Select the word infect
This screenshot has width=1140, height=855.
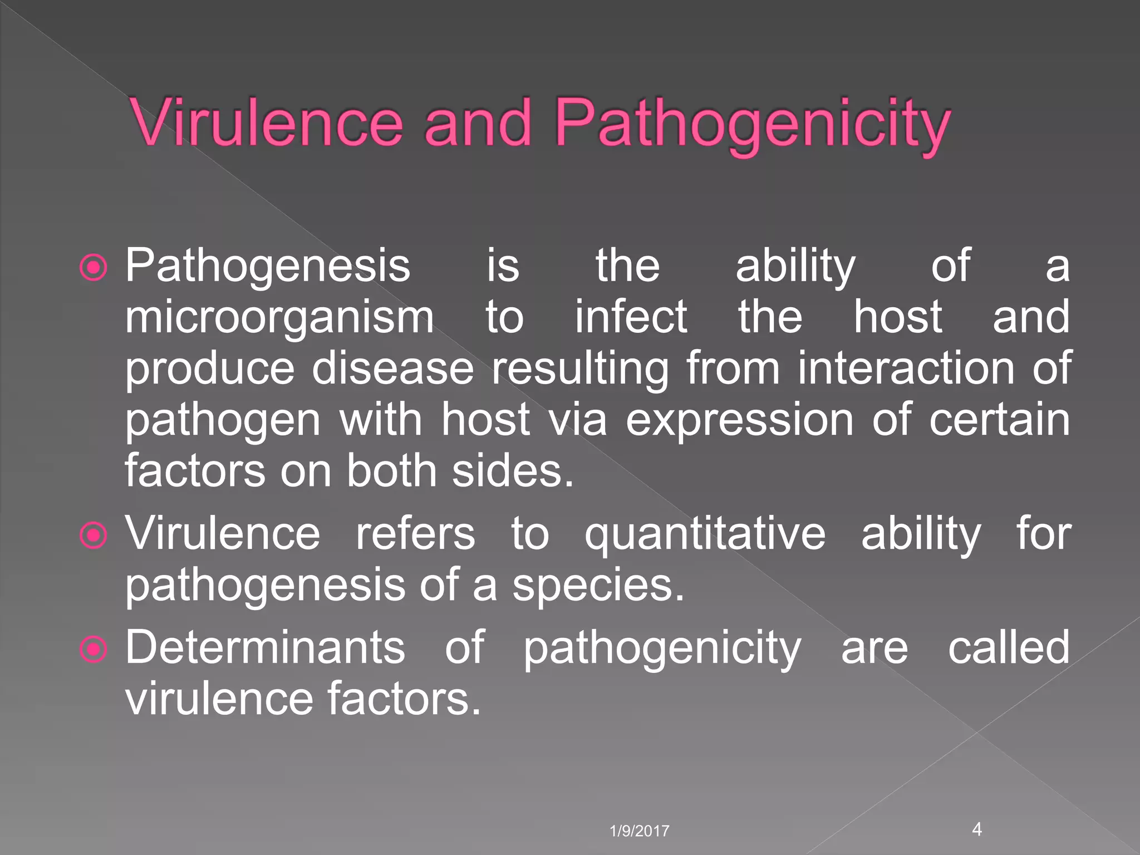point(631,317)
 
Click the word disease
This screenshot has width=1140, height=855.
point(392,368)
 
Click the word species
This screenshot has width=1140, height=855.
point(598,587)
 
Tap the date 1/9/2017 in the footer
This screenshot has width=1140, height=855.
point(639,831)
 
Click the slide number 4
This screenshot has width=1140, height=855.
point(977,829)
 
